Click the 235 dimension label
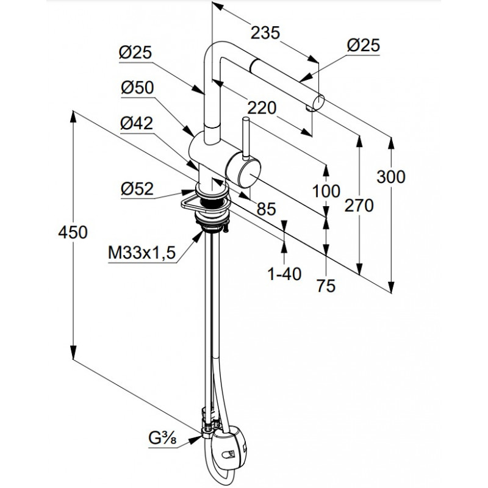(x=265, y=34)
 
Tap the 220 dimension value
(x=262, y=109)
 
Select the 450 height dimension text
(x=73, y=232)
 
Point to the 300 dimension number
(x=391, y=177)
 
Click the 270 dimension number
(x=359, y=206)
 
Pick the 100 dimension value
(x=326, y=191)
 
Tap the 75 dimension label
(x=326, y=285)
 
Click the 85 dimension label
(x=266, y=209)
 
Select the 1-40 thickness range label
(x=284, y=274)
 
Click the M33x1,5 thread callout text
(x=142, y=253)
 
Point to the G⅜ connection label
(x=162, y=439)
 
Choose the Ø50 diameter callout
(x=137, y=88)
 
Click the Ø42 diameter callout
(x=137, y=124)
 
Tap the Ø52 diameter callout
(x=137, y=188)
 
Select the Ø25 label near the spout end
(x=364, y=46)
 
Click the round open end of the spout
(x=320, y=102)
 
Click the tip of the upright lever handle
(x=245, y=119)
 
